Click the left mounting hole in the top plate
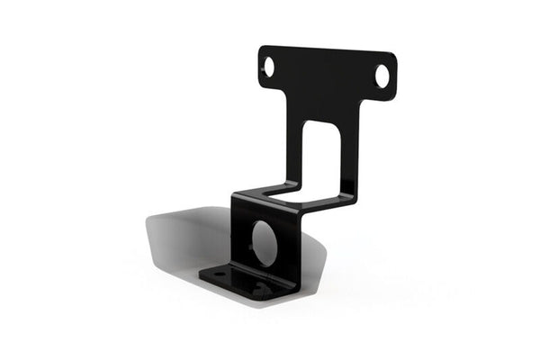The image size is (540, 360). click(269, 65)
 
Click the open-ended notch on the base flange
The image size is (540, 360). click(260, 290)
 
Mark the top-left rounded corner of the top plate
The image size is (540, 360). click(263, 49)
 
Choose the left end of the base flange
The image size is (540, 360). click(202, 274)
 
